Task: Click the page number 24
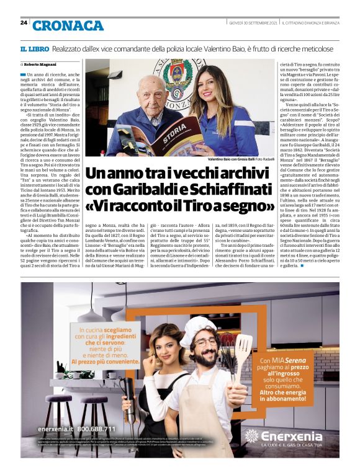24,23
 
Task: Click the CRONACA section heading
68,25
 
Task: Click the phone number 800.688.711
92,428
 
